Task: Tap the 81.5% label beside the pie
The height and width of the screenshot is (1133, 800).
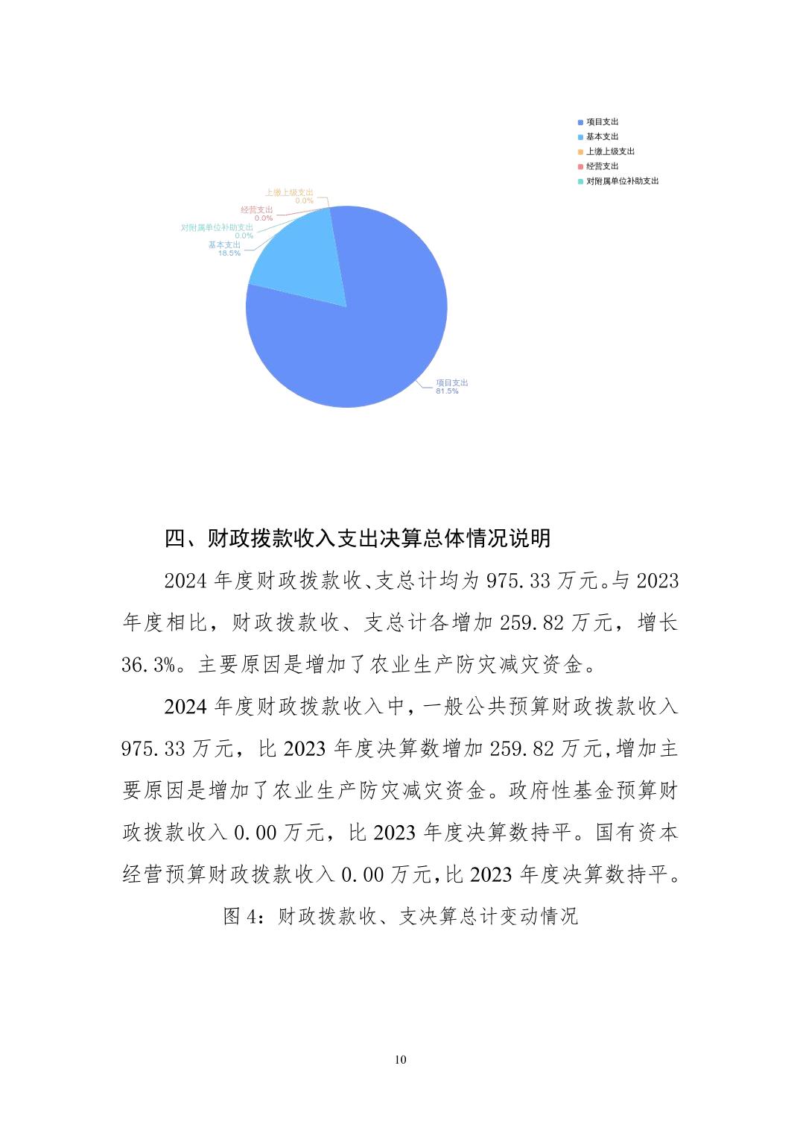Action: click(447, 391)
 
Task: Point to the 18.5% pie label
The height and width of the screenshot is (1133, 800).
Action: click(229, 253)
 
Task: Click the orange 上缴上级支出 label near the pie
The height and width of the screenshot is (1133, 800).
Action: click(289, 192)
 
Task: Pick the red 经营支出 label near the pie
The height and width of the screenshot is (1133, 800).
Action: click(257, 210)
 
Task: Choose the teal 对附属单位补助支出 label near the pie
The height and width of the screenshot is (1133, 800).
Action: click(217, 227)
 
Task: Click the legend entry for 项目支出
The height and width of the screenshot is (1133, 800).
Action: click(602, 121)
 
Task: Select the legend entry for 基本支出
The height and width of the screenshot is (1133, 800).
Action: click(602, 136)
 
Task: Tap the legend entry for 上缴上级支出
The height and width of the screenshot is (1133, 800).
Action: click(610, 151)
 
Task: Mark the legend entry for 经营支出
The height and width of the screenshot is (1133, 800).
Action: click(602, 166)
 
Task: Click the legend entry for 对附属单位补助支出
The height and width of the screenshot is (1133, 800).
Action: click(622, 181)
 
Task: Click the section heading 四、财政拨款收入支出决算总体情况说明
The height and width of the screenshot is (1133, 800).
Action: click(358, 538)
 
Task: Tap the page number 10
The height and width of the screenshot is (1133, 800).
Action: click(401, 1060)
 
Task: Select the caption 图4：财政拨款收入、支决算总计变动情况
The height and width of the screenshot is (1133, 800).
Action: click(401, 916)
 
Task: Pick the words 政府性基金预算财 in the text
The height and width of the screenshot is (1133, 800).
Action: click(593, 790)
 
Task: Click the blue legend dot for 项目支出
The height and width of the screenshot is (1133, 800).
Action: click(580, 121)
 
